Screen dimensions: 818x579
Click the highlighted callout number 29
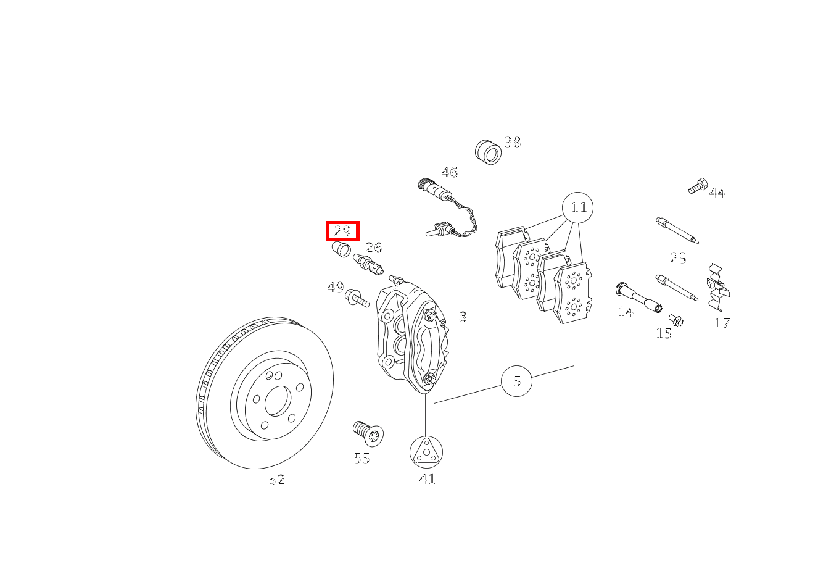coord(342,231)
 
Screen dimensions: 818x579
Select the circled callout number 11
coord(577,207)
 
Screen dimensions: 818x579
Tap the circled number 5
coord(516,381)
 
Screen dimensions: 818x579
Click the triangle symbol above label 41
coord(426,452)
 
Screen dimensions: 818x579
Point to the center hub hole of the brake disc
coord(278,401)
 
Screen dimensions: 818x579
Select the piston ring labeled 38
coord(488,152)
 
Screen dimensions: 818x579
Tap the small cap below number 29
coord(341,249)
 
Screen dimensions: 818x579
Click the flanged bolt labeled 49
coord(357,298)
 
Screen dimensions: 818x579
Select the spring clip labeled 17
coord(717,287)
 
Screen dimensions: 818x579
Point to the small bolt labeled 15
coord(675,320)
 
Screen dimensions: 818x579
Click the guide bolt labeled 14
coord(638,298)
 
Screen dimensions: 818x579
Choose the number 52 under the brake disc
coord(277,479)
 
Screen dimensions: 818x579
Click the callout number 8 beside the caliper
coord(463,316)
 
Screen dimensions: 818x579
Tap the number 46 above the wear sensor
coord(450,172)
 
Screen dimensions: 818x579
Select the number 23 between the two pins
coord(678,258)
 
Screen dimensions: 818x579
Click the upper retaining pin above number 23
coord(677,230)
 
